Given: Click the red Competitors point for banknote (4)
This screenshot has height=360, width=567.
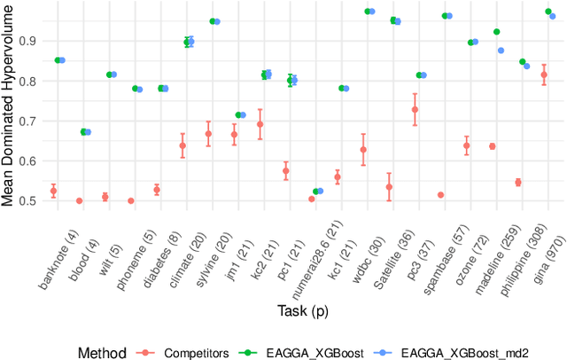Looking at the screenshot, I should pos(53,191).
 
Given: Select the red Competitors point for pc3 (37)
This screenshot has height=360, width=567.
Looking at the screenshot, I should pos(415,109).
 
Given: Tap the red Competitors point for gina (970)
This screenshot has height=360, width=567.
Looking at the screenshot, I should pos(544,74).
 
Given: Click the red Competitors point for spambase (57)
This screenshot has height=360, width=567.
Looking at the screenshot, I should pos(440,195).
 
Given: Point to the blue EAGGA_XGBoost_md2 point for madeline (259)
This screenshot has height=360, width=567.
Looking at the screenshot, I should pos(501,51).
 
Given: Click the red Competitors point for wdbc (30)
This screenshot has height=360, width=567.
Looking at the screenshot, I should pos(363,149).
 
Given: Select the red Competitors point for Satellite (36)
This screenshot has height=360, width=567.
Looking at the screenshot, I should pos(389,186).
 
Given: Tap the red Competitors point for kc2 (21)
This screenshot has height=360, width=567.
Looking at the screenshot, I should pos(260,124).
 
